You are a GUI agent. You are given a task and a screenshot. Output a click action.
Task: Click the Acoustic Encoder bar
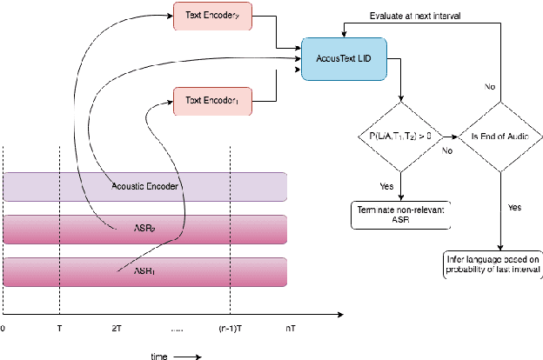[145, 186]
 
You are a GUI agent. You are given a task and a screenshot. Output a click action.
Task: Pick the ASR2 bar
[145, 230]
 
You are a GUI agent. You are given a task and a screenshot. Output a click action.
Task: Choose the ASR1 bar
[145, 271]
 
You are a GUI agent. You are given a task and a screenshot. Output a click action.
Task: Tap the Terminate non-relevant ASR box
[400, 215]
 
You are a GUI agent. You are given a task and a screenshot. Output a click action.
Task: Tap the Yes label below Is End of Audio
[514, 208]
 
